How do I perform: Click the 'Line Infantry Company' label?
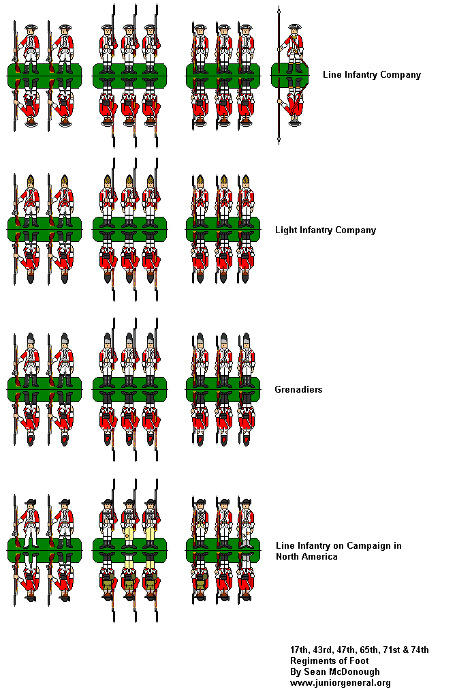tap(372, 75)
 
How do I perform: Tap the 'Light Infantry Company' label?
tap(326, 230)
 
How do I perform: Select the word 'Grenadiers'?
tap(298, 389)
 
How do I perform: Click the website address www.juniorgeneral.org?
tap(340, 683)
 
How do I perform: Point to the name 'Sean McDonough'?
tap(342, 671)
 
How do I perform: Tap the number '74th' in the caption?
tap(420, 650)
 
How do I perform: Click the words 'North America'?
tap(306, 556)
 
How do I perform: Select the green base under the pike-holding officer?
tap(289, 76)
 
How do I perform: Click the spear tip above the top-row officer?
tap(279, 10)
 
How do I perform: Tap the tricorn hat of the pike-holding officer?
tap(294, 27)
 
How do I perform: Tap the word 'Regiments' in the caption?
tap(312, 661)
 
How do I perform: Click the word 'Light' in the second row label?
tap(285, 230)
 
